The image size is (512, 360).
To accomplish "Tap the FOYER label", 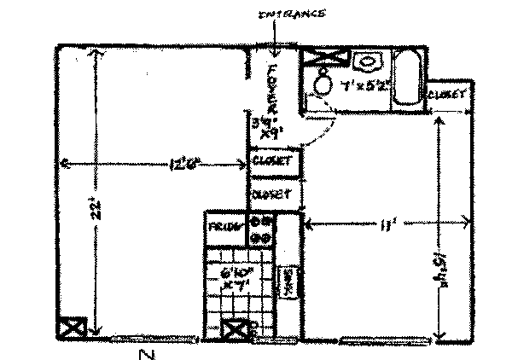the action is [x=273, y=90].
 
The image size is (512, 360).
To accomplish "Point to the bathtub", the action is [x=407, y=78].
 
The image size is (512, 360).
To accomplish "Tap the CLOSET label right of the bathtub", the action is [x=448, y=93].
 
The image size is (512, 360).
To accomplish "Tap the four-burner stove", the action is [x=261, y=228].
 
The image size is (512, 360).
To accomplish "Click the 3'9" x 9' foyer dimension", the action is [x=265, y=128].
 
